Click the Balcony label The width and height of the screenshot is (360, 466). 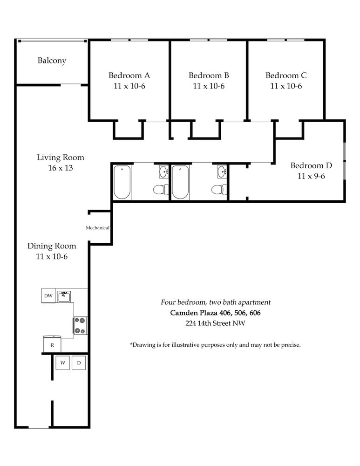coord(52,61)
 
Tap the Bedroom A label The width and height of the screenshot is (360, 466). coord(129,75)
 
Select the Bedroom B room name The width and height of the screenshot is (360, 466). coord(209,75)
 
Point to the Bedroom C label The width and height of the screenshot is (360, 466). coord(286,75)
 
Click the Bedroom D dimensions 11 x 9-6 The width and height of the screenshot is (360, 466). coord(311,176)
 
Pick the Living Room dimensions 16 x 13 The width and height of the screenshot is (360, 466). coord(61,168)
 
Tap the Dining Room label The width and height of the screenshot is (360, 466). coord(52,246)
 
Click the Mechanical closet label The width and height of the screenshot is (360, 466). coord(97,228)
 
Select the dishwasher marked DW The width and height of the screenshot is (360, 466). coord(48,296)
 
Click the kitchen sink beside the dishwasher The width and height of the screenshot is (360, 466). coord(64,296)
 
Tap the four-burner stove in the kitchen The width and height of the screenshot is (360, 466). coord(81,325)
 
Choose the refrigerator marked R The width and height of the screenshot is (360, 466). coord(52,344)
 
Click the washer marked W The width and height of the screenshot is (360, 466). coord(63,363)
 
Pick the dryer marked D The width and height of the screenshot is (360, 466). coord(79,363)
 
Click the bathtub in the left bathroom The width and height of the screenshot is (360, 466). coord(122,183)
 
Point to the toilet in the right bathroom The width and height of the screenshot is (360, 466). coord(219,189)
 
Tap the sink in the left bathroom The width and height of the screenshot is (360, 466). coord(163,172)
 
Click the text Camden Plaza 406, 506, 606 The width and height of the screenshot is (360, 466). coord(215,313)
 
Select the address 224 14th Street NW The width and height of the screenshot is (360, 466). coord(215,323)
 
